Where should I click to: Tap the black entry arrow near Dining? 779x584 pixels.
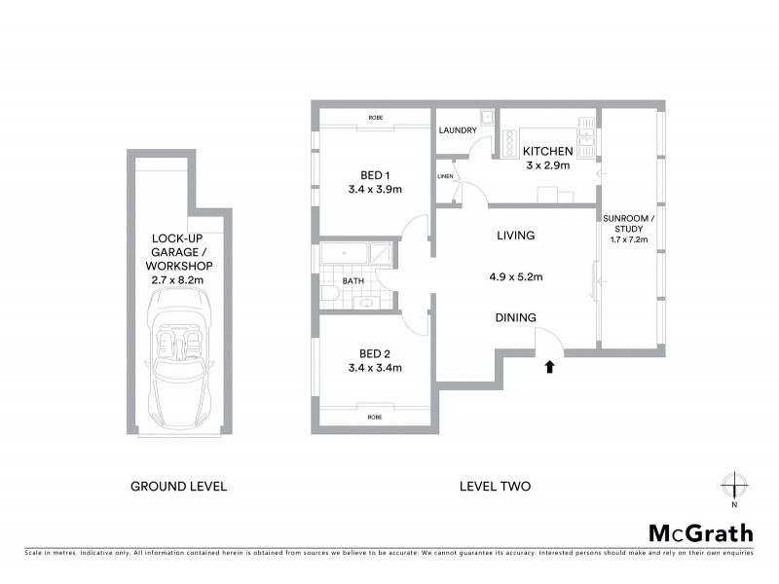click(549, 367)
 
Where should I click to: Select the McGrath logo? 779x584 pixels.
click(701, 532)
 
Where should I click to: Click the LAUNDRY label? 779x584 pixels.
click(458, 129)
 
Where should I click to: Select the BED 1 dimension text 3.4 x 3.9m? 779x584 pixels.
click(375, 190)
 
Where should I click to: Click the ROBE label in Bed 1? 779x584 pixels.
click(375, 118)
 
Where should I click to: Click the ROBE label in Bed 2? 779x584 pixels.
click(375, 417)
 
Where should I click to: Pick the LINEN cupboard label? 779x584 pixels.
click(445, 176)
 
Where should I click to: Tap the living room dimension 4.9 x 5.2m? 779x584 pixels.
click(515, 276)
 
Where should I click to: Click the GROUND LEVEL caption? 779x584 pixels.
click(178, 486)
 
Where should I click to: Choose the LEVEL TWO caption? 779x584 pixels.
click(494, 486)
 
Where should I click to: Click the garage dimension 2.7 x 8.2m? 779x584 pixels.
click(178, 279)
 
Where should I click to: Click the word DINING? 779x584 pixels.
click(515, 317)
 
